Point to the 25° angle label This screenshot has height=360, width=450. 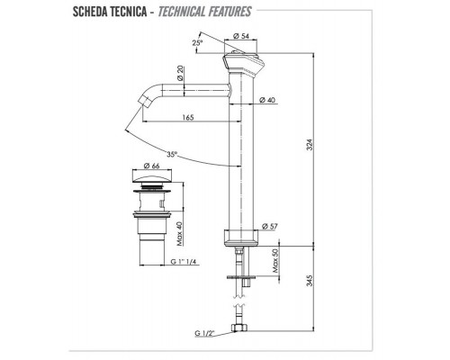pos(197,42)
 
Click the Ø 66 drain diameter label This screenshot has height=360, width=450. pos(150,167)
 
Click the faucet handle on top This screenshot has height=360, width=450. pos(243,63)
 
